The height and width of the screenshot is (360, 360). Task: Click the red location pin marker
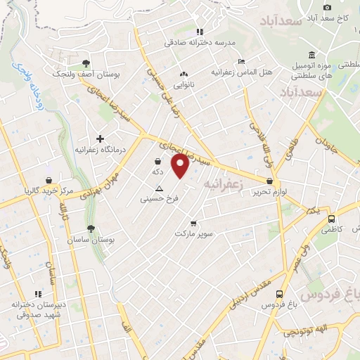tap(181, 165)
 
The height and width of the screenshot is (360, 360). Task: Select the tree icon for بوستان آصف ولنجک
tap(86, 62)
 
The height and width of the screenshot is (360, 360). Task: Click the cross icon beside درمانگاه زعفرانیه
tap(100, 139)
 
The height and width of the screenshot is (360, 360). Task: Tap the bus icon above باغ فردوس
tap(280, 294)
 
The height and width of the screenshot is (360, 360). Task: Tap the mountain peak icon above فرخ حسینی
tap(159, 188)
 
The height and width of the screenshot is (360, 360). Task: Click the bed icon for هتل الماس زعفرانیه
tap(241, 61)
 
